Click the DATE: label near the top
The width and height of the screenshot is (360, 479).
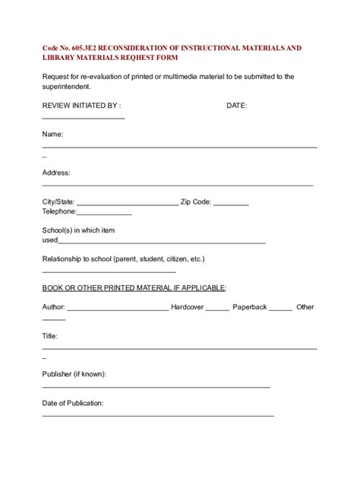click(237, 106)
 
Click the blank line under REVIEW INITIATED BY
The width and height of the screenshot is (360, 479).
click(83, 117)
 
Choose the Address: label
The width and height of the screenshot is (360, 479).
click(56, 173)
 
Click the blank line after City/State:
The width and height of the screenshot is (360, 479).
click(127, 204)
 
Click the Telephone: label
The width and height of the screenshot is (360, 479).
click(62, 214)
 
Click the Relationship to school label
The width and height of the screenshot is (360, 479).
click(123, 259)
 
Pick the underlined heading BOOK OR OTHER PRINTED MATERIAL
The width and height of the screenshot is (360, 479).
click(134, 287)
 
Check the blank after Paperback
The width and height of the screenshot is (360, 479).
click(280, 309)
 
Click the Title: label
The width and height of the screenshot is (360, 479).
click(50, 335)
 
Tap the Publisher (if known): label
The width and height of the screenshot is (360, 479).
click(74, 374)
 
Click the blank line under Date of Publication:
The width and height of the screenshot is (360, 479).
click(157, 415)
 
